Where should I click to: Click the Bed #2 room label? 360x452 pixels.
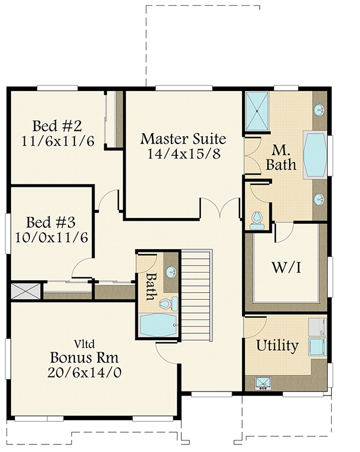(x=58, y=126)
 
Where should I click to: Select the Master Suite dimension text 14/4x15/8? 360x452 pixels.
(x=183, y=154)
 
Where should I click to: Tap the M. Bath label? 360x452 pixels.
(x=281, y=157)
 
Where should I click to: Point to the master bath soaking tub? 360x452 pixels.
(x=314, y=156)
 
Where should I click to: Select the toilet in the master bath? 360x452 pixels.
(x=257, y=220)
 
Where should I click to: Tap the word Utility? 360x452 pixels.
(x=277, y=346)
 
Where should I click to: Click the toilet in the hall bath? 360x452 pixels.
(x=166, y=304)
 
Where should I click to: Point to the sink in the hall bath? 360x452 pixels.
(x=170, y=272)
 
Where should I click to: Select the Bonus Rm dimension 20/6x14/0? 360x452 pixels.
(x=85, y=372)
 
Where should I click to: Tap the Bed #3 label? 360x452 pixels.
(x=51, y=222)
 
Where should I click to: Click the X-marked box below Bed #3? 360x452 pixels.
(x=26, y=291)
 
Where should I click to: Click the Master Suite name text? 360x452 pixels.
(x=183, y=139)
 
